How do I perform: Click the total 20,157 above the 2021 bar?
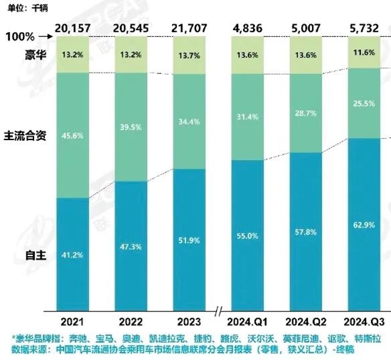coord(73,28)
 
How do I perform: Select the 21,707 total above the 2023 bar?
coord(189,28)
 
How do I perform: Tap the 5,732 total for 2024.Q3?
coord(364,28)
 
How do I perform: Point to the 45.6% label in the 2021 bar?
coord(73,136)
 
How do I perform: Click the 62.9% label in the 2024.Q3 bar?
coord(364,225)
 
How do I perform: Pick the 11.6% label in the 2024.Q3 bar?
coord(364,53)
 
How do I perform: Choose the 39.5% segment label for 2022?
coord(131,127)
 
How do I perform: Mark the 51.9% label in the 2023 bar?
coord(189,240)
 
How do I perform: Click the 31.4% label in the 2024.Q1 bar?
coord(247,117)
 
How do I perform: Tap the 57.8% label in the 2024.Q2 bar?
coord(306,232)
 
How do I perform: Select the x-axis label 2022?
coord(131,322)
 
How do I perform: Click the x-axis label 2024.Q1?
coord(247,322)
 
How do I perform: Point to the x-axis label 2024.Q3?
coord(364,322)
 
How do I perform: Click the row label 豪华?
coord(36,54)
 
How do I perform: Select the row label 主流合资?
coord(25,136)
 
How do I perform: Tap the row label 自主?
coord(36,255)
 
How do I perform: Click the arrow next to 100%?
coord(46,37)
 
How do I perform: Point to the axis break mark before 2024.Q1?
coord(218,312)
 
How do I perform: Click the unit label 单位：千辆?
coord(28,9)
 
